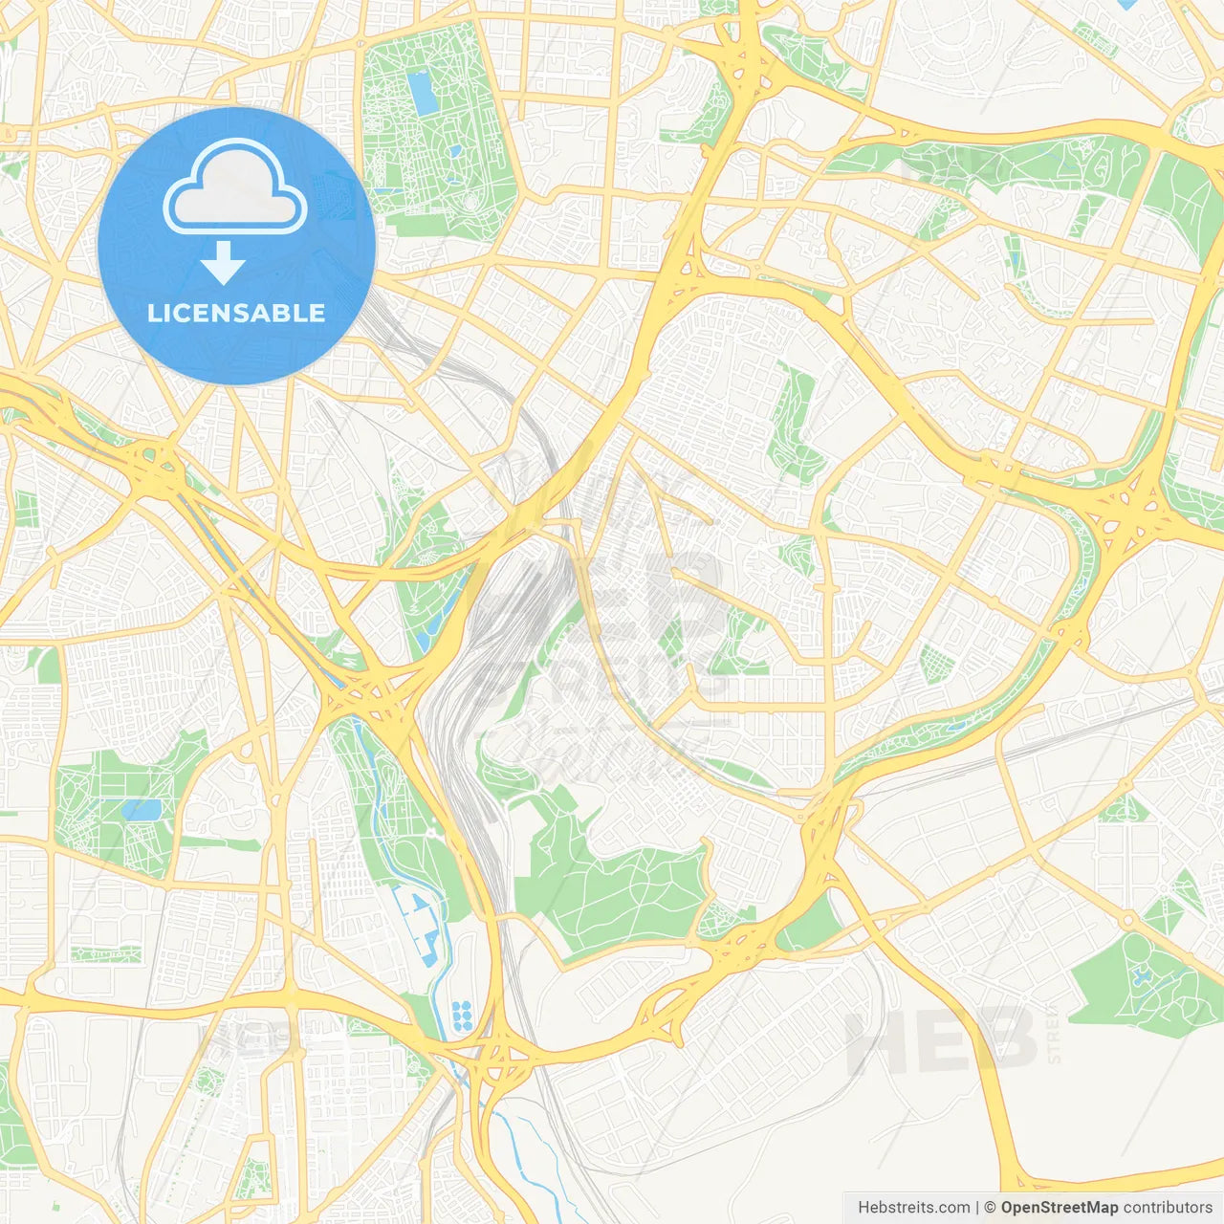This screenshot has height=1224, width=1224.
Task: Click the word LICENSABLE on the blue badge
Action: [236, 313]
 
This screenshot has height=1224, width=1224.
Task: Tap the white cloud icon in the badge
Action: [235, 189]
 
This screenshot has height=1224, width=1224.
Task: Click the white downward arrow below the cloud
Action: [223, 263]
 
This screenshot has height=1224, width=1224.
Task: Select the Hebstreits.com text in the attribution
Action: [913, 1208]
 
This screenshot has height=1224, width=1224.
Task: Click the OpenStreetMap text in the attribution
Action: [1059, 1208]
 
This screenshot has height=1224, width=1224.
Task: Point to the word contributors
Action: [1168, 1208]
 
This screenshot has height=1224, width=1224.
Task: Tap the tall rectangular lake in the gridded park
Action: [421, 93]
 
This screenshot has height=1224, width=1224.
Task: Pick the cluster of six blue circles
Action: [462, 1016]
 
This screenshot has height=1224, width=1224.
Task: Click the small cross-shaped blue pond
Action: [1142, 976]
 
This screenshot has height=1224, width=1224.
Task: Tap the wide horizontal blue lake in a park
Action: [142, 810]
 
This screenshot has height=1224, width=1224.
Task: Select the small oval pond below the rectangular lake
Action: [471, 200]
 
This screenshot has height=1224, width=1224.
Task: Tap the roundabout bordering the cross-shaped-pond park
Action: [1128, 920]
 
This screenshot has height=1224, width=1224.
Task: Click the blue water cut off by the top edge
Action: [1126, 4]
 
